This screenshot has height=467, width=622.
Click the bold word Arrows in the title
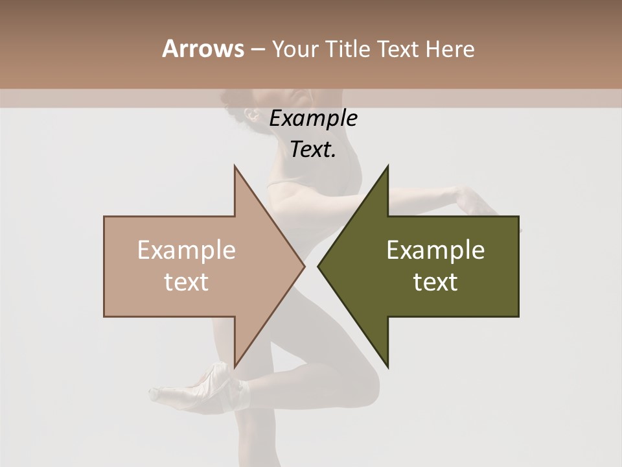(203, 49)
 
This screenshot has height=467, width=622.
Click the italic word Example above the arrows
(314, 119)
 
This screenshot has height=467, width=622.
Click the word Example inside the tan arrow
(187, 250)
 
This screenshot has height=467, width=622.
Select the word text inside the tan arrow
(187, 282)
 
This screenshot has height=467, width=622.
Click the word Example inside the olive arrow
(435, 250)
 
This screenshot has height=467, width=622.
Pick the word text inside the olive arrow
(435, 282)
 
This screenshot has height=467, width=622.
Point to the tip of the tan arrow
(304, 266)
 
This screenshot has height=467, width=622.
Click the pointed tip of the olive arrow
(318, 266)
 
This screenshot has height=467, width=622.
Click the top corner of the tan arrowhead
(235, 165)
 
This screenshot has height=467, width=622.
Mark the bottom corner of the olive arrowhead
(387, 367)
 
